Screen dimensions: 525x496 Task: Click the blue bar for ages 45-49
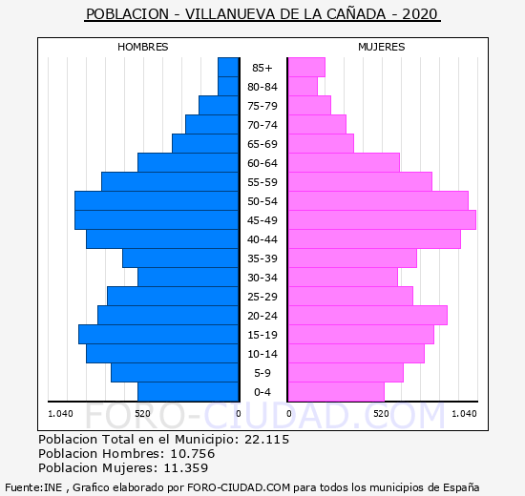point(157,220)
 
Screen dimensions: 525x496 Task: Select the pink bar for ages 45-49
point(382,220)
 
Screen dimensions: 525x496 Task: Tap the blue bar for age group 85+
point(228,68)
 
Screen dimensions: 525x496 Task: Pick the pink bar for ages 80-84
point(303,87)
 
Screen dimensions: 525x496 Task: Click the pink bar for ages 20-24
point(367,316)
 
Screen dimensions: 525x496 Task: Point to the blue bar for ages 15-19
point(158,335)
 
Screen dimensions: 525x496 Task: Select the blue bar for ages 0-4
point(188,392)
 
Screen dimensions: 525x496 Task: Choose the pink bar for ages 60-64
point(344,163)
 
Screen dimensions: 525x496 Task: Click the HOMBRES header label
point(143,47)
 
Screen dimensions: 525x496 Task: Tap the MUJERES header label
point(382,47)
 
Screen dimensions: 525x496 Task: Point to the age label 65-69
point(262,144)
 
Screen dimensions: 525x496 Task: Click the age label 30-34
point(262,278)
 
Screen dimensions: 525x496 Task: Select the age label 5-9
point(262,373)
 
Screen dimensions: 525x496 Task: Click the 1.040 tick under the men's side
point(60,414)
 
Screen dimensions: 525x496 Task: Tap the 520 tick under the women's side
point(382,414)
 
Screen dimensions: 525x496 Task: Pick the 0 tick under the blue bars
point(238,414)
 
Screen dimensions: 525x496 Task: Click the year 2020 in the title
point(420,14)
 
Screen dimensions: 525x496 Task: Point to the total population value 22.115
point(267,439)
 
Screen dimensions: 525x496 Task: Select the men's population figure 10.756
point(193,453)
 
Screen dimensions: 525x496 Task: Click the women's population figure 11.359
point(186,467)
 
